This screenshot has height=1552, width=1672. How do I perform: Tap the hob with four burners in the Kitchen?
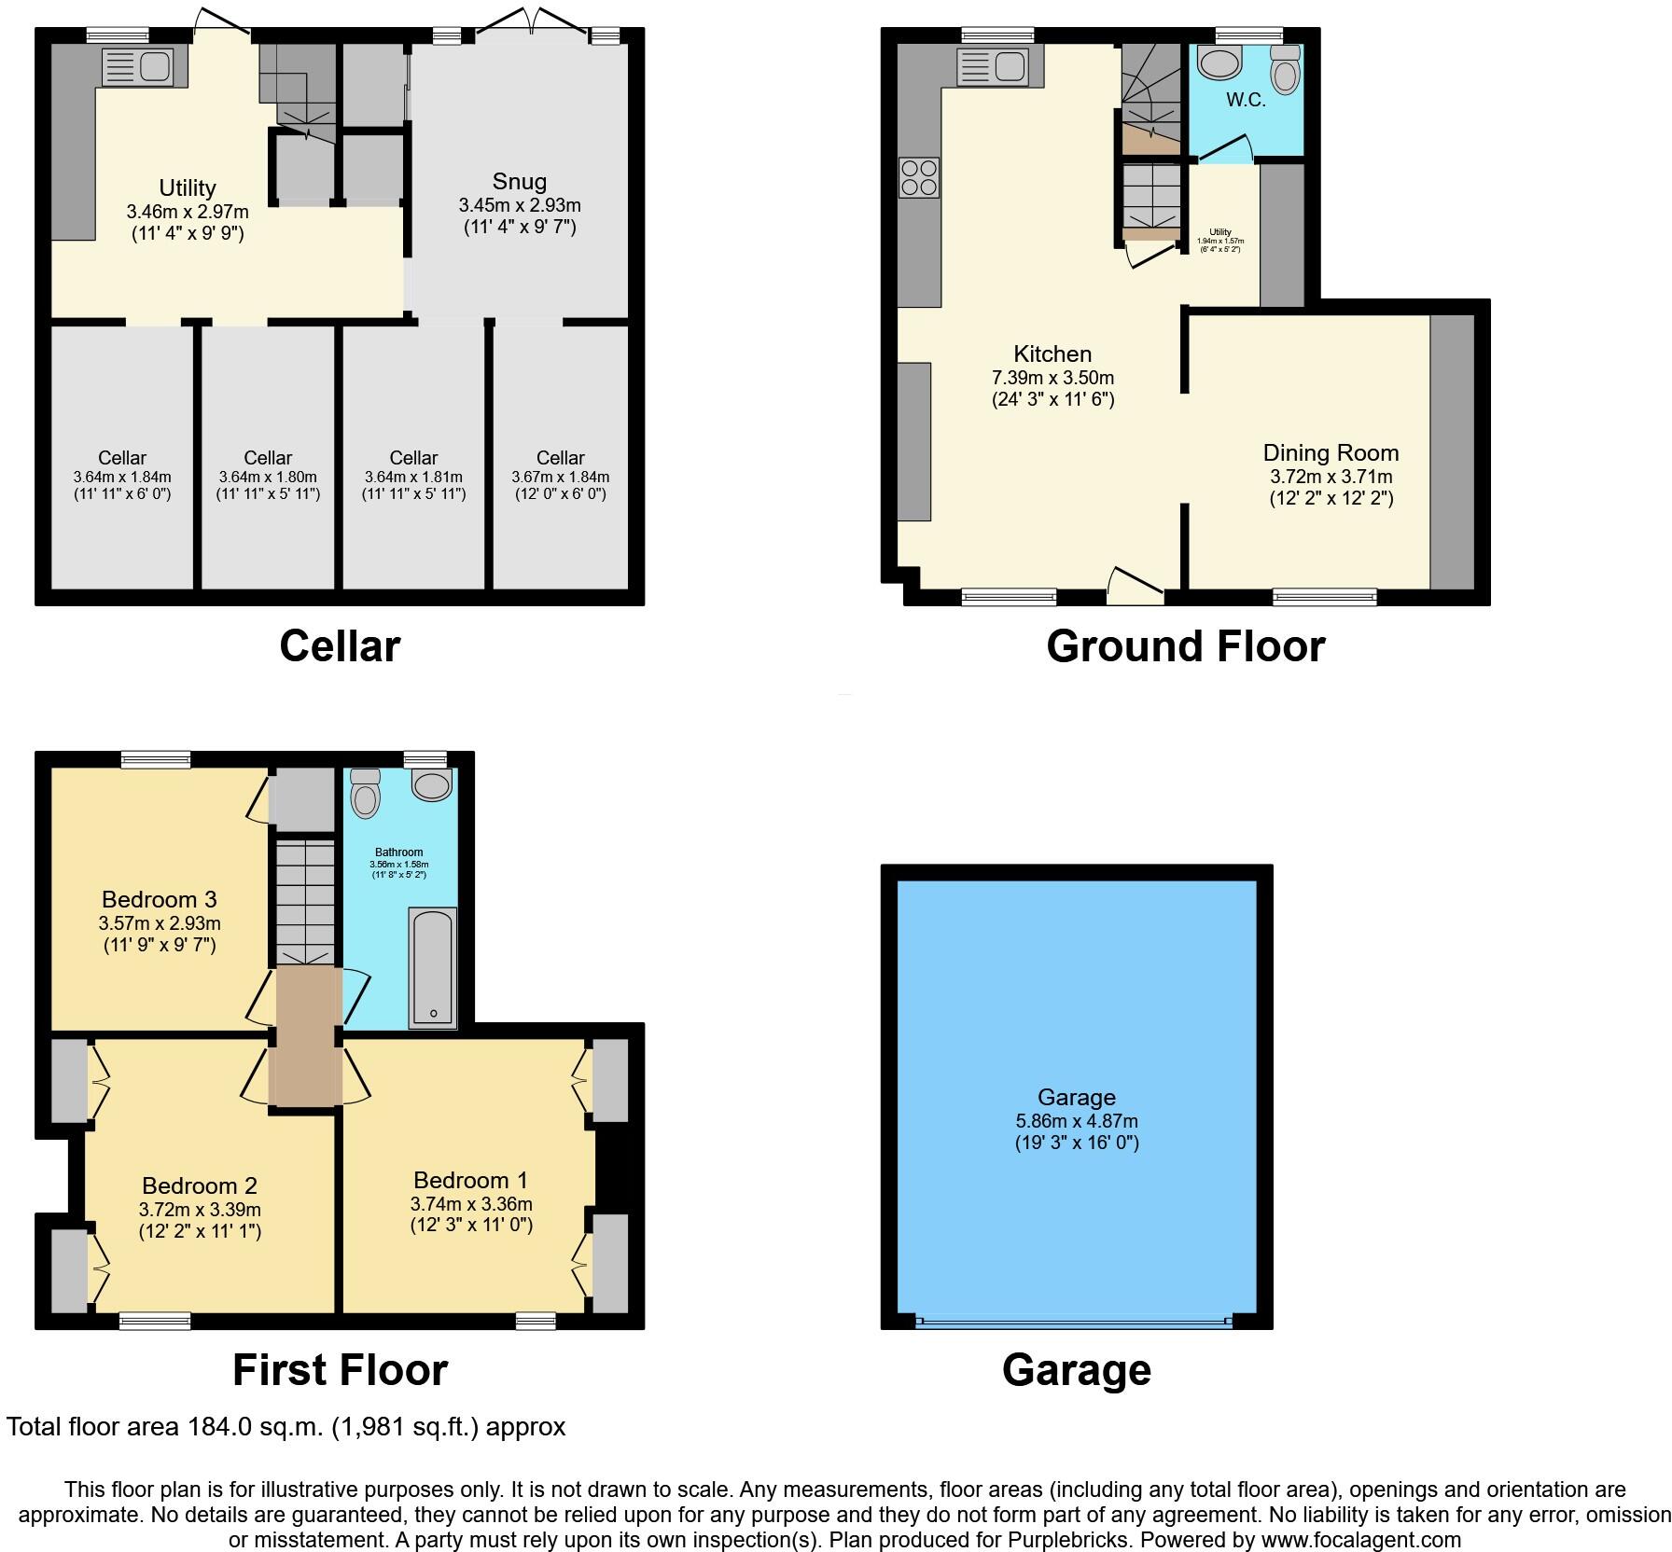click(x=918, y=177)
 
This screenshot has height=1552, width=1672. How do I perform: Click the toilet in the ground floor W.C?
click(x=1285, y=70)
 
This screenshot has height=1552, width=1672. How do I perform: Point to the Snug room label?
click(x=519, y=182)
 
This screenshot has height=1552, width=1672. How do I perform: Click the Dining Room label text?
click(x=1331, y=453)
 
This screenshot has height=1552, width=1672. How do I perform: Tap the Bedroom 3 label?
click(x=160, y=900)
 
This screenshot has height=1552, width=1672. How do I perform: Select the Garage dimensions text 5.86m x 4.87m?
click(x=1077, y=1121)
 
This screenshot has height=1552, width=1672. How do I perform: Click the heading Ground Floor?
click(x=1185, y=646)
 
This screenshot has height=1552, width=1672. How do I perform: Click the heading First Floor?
click(x=340, y=1370)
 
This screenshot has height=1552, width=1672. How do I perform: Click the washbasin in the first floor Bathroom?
click(x=432, y=785)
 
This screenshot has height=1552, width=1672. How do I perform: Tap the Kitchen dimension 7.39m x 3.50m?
click(x=1052, y=378)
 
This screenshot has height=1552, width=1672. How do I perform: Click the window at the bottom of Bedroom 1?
click(x=536, y=1320)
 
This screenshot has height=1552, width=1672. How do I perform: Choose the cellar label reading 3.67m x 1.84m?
click(x=560, y=477)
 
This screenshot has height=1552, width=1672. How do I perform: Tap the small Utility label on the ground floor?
click(x=1220, y=232)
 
